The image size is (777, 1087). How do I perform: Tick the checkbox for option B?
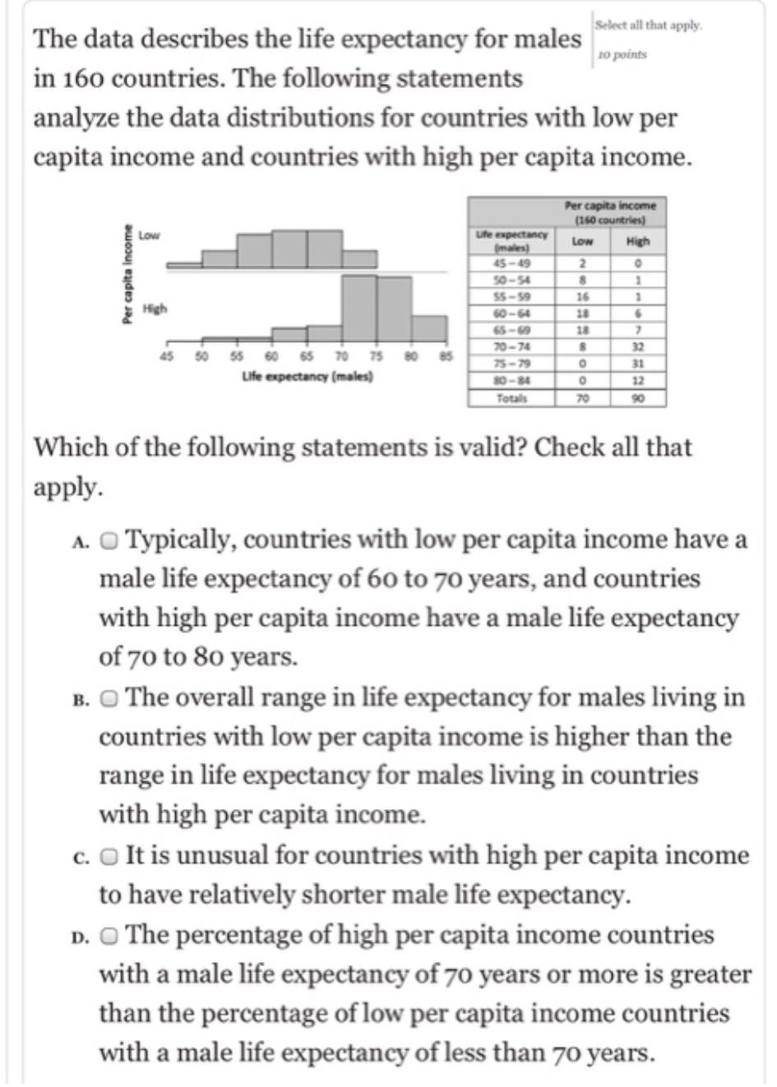tap(109, 699)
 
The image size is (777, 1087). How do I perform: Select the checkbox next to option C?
tap(109, 857)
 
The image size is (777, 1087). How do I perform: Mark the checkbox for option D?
tap(109, 936)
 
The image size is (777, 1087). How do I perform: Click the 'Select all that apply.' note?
tap(649, 25)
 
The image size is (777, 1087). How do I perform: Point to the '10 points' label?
tap(622, 55)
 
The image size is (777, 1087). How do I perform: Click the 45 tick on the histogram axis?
tap(167, 356)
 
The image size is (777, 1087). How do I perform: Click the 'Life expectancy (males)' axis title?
tap(308, 376)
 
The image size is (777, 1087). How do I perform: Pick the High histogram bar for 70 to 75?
tap(359, 308)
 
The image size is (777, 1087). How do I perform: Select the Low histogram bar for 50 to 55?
tap(220, 258)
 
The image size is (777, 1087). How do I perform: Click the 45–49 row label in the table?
tap(511, 263)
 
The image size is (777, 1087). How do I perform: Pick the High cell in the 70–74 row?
tap(637, 346)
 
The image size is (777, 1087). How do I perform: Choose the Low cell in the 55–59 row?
tap(581, 296)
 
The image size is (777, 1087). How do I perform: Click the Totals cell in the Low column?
tap(581, 398)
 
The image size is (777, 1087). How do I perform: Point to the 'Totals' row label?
tap(511, 398)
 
